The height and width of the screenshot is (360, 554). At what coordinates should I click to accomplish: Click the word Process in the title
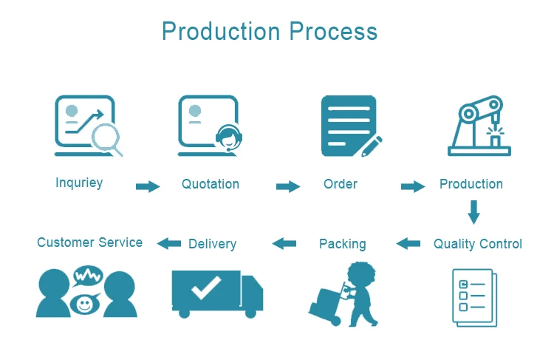click(333, 31)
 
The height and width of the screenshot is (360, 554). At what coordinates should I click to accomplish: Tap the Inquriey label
click(79, 183)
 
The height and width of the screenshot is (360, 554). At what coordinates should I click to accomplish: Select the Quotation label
click(211, 184)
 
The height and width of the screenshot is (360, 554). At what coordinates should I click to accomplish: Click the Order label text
click(341, 184)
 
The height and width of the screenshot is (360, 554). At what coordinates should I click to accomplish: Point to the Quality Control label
click(478, 244)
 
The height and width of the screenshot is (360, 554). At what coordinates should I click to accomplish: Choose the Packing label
click(342, 244)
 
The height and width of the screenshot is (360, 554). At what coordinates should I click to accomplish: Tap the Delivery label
click(212, 244)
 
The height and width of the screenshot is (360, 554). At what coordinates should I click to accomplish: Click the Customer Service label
click(89, 242)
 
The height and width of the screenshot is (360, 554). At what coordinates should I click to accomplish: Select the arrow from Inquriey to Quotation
click(148, 186)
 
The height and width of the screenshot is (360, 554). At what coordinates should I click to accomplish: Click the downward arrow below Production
click(473, 212)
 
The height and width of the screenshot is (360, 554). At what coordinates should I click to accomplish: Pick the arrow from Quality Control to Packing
click(408, 243)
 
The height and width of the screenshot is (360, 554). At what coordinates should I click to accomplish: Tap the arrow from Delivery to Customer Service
click(169, 243)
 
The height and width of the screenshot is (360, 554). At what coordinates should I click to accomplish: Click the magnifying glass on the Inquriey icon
click(106, 139)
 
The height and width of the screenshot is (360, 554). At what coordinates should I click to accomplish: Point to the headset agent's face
click(229, 138)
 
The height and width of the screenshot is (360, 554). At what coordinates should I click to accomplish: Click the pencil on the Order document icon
click(372, 146)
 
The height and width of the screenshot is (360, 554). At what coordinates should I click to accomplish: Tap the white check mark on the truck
click(206, 287)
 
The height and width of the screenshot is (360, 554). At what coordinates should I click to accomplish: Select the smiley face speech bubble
click(85, 303)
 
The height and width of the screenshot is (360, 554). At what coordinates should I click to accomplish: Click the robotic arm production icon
click(479, 126)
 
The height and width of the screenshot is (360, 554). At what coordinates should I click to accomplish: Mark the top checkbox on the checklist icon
click(463, 284)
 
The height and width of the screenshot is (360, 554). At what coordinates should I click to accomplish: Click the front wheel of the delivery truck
click(250, 313)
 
